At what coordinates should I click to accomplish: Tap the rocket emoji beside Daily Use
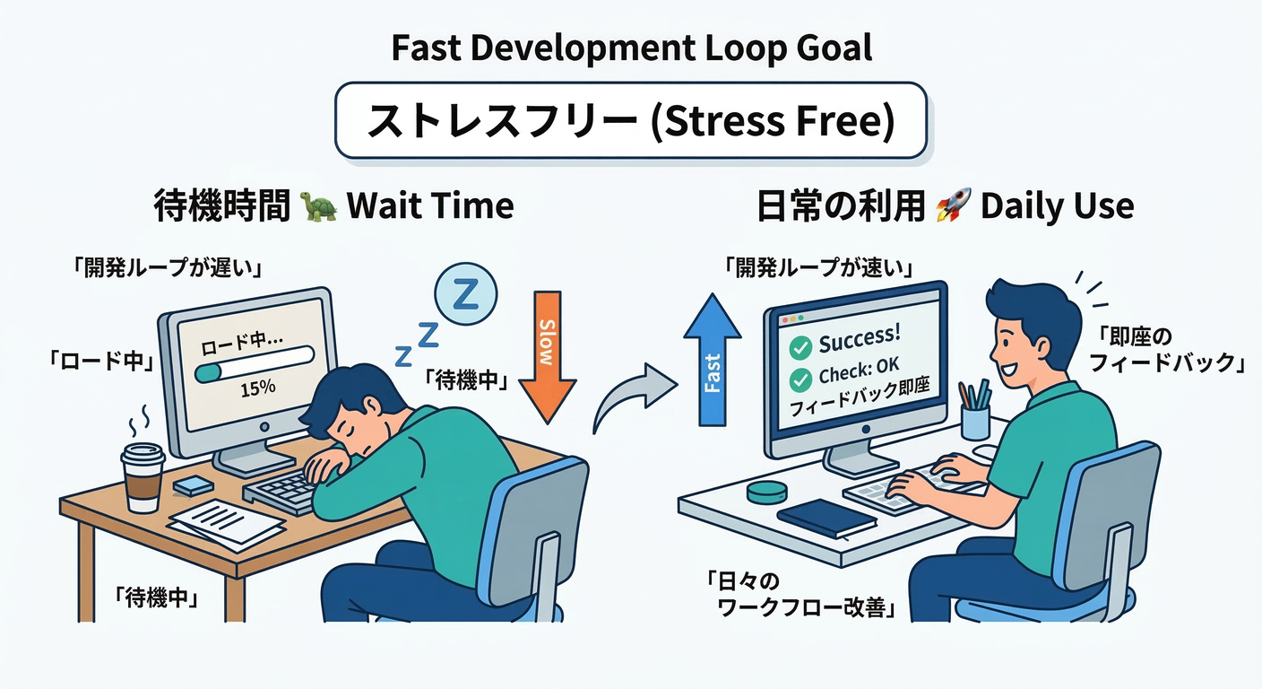pyautogui.click(x=952, y=206)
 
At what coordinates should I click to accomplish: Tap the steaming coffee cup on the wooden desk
pyautogui.click(x=143, y=475)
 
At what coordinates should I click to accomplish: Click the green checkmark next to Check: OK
pyautogui.click(x=800, y=379)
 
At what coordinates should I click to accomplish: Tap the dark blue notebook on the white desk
pyautogui.click(x=826, y=517)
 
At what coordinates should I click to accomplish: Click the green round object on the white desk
pyautogui.click(x=765, y=494)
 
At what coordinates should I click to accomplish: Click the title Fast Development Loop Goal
pyautogui.click(x=631, y=48)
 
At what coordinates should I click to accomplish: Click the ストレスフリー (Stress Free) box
pyautogui.click(x=631, y=120)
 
